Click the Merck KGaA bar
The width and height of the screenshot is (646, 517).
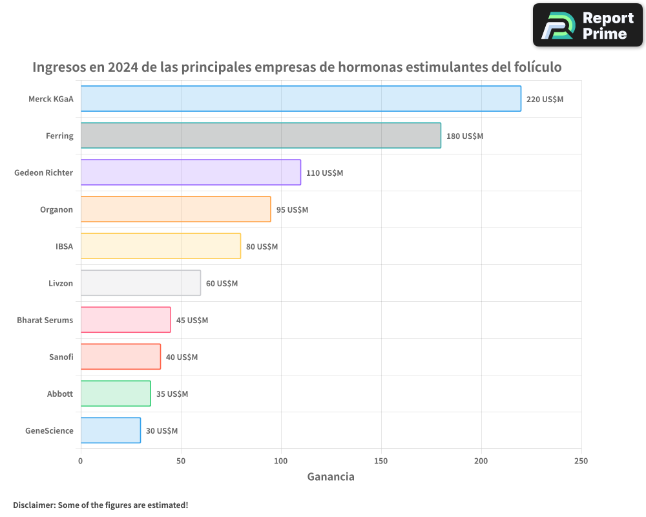coord(300,99)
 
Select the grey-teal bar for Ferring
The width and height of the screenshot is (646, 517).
coord(260,136)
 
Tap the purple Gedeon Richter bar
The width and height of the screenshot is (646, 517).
coord(191,173)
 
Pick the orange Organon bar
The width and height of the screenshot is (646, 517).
coord(176,209)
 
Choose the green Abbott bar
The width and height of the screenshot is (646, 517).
coord(116,394)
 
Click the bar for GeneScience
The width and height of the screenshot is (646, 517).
coord(110,430)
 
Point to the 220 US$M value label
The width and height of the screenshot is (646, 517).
coord(545,100)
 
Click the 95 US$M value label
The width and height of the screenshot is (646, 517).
coord(292,210)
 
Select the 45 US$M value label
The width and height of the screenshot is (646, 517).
coord(192,321)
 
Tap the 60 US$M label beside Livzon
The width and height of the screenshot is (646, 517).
coord(222,284)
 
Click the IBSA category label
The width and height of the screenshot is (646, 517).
coord(64,246)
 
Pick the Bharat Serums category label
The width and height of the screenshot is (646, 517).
coord(45,320)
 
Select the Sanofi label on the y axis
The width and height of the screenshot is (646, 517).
coord(61,357)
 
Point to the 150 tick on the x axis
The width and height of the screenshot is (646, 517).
coord(381,461)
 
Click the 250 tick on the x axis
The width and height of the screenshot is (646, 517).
coord(581,461)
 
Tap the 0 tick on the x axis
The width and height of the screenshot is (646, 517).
coord(81,461)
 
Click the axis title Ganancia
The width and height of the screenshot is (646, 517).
coord(331,477)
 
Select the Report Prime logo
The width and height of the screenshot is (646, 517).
coord(587,25)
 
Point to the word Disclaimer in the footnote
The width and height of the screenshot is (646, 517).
coord(33,505)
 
